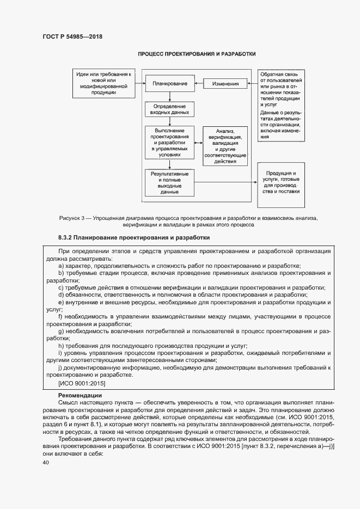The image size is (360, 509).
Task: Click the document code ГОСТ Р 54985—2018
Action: point(72,37)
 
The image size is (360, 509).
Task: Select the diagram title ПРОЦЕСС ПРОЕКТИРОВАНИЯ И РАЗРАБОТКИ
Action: point(197,54)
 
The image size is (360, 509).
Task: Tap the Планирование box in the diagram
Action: point(170,84)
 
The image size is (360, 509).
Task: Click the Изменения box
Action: point(225,84)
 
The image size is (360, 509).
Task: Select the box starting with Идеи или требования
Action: point(103,84)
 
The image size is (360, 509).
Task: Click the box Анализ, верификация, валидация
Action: point(225,146)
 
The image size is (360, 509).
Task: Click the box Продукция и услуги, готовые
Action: point(282,183)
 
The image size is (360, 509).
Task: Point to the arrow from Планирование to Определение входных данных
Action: point(170,96)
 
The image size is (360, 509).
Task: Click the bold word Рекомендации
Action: point(80,395)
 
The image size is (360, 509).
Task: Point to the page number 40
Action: point(45,463)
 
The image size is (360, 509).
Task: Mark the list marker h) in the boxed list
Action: point(60,346)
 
